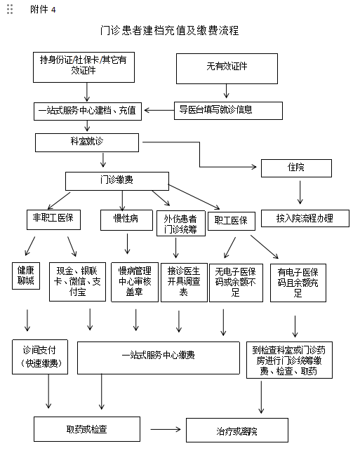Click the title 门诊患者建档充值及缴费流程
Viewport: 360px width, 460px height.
point(169,30)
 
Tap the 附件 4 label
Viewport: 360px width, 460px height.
point(43,10)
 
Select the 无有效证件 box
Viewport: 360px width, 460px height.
point(227,69)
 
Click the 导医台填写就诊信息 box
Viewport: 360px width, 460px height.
point(228,111)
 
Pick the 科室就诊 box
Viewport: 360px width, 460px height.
point(87,142)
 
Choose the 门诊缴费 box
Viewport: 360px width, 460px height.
point(117,181)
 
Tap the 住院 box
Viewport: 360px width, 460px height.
point(296,168)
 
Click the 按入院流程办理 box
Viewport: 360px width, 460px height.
point(305,218)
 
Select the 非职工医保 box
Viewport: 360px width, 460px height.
point(53,219)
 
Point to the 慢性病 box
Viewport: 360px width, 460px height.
point(126,220)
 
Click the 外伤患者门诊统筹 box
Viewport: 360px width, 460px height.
point(181,223)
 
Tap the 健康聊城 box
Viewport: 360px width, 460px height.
point(26,276)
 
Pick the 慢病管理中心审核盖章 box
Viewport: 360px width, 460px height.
point(135,282)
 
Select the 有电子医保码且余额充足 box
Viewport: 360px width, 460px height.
point(298,283)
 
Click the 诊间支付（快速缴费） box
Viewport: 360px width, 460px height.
point(40,357)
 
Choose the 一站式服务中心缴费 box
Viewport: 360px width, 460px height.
point(159,358)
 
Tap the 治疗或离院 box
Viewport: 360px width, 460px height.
point(237,430)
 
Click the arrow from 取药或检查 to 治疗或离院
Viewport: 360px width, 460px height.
point(166,429)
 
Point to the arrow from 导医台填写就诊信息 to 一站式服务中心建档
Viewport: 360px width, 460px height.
point(159,110)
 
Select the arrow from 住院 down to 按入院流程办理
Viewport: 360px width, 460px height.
point(300,192)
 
